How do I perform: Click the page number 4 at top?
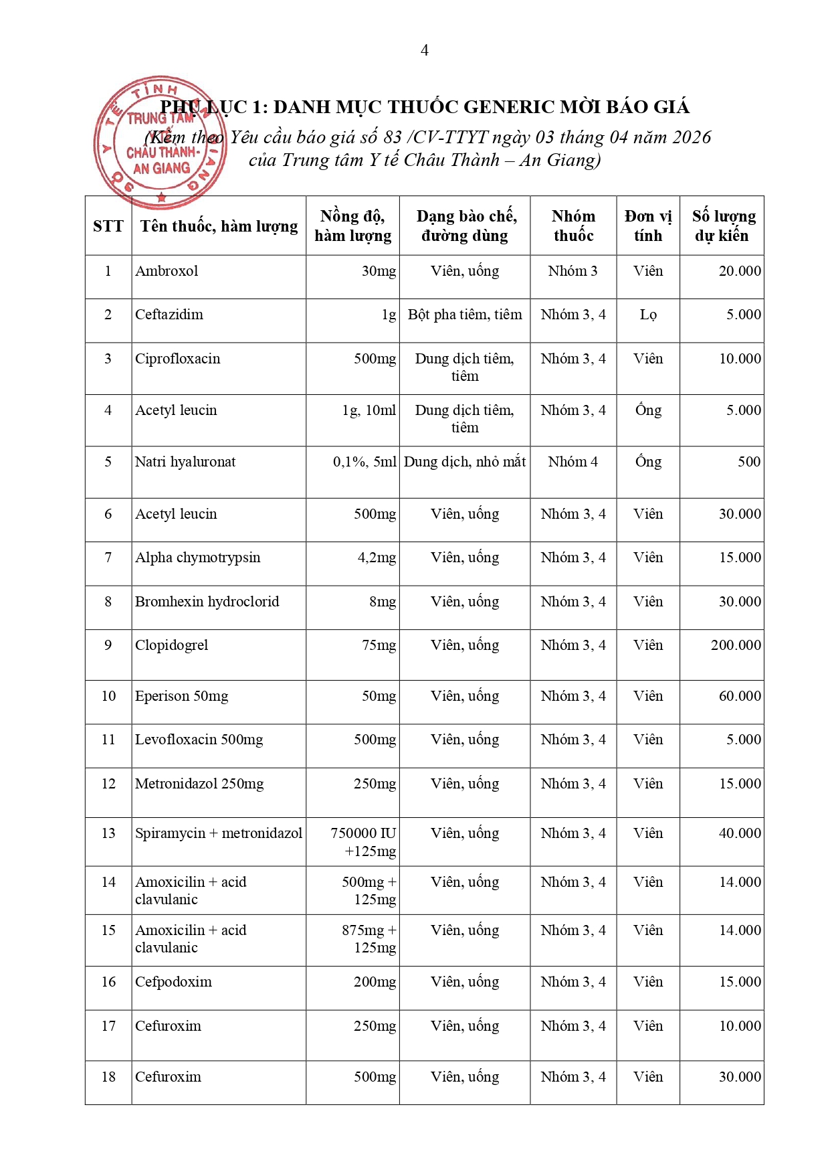[424, 50]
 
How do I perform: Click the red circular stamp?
[160, 142]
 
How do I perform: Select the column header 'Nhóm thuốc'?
[573, 226]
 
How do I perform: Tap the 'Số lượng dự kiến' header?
[723, 226]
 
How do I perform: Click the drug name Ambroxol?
[167, 271]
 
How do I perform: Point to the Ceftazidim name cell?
[169, 315]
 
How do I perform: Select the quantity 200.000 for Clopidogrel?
[735, 645]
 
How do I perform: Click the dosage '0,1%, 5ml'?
[365, 462]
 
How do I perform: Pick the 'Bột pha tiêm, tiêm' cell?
[465, 315]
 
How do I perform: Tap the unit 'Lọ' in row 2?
[648, 315]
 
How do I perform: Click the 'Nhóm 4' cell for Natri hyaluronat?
[573, 462]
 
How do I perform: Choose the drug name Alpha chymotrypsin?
[198, 558]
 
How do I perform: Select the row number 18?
[108, 1077]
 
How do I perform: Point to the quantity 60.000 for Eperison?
[739, 696]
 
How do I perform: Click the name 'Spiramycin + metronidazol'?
[219, 833]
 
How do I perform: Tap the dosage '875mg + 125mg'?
[370, 939]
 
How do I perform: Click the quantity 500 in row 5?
[748, 462]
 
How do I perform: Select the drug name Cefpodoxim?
[173, 982]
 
